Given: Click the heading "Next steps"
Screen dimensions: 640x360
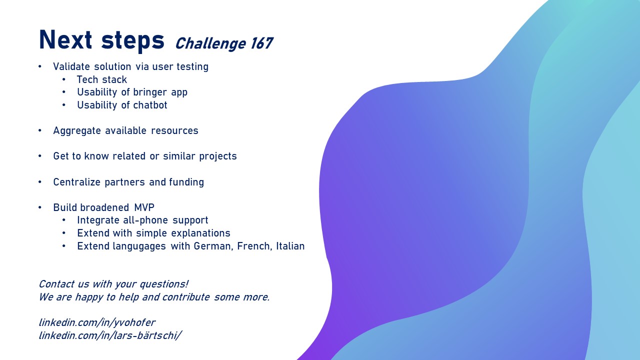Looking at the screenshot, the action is click(101, 40).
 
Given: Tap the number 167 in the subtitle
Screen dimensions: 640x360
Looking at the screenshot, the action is click(262, 43).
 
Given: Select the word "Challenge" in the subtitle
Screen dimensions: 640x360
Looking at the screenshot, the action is click(210, 44).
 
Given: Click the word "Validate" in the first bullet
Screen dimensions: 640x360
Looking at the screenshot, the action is click(71, 66).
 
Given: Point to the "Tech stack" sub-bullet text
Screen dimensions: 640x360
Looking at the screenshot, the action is click(101, 79).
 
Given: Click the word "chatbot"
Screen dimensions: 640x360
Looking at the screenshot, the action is click(150, 105).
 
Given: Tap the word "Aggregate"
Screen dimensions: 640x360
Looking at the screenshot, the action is click(77, 131).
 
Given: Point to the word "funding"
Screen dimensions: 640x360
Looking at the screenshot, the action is click(186, 182).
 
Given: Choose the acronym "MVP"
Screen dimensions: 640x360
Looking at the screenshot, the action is click(144, 207).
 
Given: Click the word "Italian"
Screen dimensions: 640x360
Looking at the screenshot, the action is click(290, 246).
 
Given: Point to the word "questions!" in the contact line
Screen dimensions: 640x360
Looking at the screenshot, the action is click(164, 284).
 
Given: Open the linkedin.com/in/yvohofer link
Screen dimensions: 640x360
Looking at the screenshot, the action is click(97, 322).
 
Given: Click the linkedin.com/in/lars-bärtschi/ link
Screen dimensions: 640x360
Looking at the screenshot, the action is click(110, 335).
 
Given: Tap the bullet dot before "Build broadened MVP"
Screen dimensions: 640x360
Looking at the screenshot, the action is click(40, 207).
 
